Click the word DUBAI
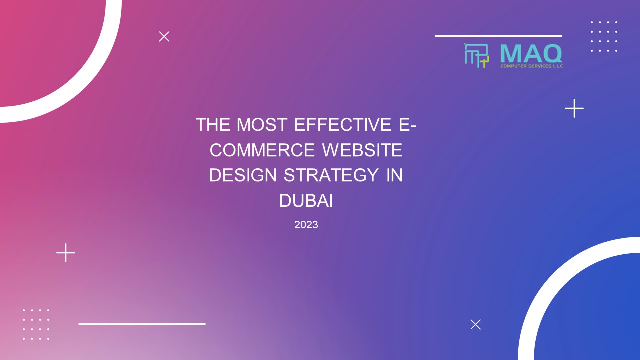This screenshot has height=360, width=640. pos(306,201)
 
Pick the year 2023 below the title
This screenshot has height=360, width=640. pos(306,225)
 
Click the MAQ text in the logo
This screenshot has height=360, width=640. pos(531,53)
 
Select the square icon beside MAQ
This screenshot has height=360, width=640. pos(476,55)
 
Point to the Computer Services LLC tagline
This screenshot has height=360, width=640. pos(531,66)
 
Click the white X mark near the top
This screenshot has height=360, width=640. pos(164,36)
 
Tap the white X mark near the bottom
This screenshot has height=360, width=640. pos(475,324)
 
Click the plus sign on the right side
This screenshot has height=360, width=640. pos(574,108)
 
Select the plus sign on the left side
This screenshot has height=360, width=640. pos(66,253)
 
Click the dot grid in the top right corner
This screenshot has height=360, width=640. pos(604,36)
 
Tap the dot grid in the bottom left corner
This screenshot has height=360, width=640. pos(36,324)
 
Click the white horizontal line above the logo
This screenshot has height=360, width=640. pos(498,36)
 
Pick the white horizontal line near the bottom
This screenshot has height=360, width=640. pos(142,324)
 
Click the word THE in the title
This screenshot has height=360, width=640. pos(212,124)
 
